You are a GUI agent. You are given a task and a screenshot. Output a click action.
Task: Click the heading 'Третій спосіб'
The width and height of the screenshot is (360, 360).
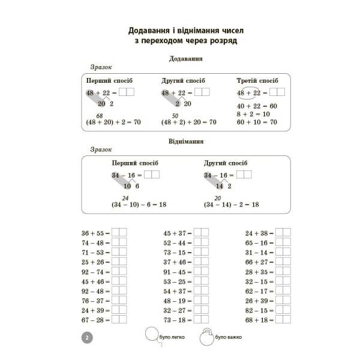(x=257, y=80)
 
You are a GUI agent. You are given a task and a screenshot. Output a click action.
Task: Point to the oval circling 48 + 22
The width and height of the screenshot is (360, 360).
(x=248, y=92)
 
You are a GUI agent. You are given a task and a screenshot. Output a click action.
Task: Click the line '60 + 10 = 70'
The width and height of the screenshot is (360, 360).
(x=257, y=122)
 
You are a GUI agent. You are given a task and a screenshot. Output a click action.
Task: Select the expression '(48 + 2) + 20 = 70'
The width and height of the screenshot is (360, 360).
(x=188, y=122)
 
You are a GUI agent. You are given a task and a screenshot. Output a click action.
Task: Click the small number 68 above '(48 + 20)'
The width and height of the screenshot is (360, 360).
(x=100, y=115)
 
